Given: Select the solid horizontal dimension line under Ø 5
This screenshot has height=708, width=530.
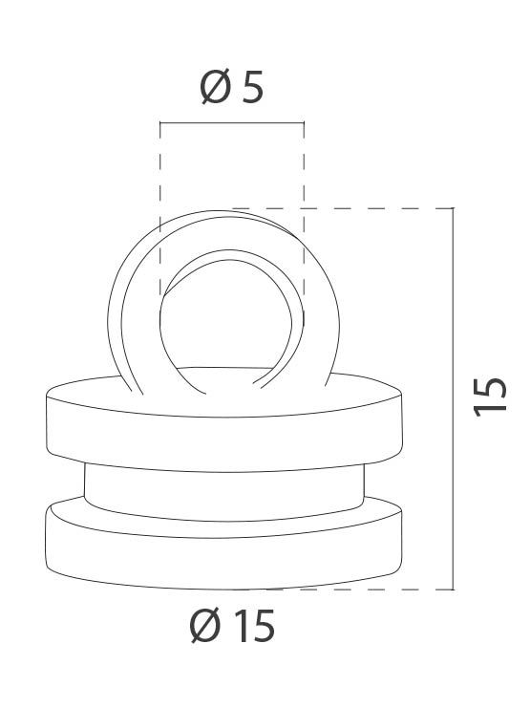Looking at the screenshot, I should click(232, 122).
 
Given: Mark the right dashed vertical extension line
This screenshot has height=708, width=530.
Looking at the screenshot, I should click(304, 172).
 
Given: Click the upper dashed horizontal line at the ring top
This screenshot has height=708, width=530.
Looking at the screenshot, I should click(382, 208).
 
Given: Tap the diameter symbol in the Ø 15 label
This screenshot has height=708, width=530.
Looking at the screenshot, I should click(205, 627).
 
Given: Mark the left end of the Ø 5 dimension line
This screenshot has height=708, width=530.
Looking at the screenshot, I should click(160, 122).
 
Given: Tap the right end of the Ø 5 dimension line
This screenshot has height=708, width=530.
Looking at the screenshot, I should click(304, 122).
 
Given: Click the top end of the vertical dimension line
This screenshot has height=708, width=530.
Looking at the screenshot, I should click(453, 209).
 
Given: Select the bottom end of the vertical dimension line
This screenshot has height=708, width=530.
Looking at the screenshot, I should click(453, 589).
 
